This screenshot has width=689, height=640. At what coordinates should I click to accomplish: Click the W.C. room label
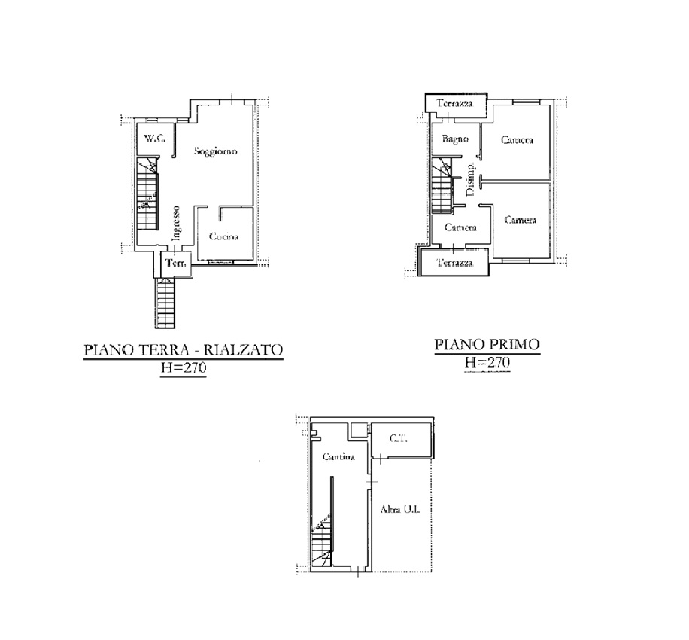coord(154,138)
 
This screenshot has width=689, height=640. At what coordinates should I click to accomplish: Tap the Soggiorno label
coord(216,152)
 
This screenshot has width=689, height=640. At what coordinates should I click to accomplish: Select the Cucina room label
coord(223,236)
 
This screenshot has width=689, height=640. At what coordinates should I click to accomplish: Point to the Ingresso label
coord(176,223)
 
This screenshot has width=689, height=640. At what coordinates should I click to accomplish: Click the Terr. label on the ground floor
coord(176,263)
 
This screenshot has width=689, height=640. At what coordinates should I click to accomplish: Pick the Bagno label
coord(455,139)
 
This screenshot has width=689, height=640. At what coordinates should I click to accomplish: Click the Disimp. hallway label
coord(470,179)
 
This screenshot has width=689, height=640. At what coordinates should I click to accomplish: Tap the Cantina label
coord(338,456)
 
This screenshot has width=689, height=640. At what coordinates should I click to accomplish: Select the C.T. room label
coord(399,438)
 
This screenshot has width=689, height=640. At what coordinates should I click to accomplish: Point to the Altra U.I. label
coord(400,510)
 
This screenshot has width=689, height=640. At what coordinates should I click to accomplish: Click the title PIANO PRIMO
coord(487,344)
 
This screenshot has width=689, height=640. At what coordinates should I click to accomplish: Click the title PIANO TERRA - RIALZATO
coord(184,349)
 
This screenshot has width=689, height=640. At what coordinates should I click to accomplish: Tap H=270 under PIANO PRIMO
coord(487,362)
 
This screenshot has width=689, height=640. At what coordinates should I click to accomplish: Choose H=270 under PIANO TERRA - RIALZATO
coord(184,367)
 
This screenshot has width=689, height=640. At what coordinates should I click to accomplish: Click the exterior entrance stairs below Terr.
coord(165,303)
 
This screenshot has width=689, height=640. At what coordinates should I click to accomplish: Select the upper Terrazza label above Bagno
coord(454,103)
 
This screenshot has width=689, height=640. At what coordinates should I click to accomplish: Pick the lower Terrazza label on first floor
coord(455,263)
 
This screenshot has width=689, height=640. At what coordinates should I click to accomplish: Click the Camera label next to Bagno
coord(517,140)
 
